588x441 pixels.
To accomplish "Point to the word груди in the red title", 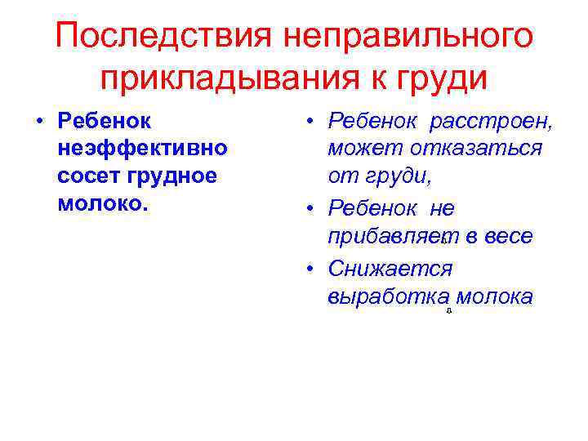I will pyautogui.click(x=443, y=80).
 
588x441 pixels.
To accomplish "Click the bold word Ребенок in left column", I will pyautogui.click(x=105, y=121).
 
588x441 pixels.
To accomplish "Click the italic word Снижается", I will pyautogui.click(x=390, y=268).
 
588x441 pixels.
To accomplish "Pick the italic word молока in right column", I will pyautogui.click(x=496, y=296).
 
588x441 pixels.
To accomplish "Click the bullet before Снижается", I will pyautogui.click(x=312, y=268).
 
